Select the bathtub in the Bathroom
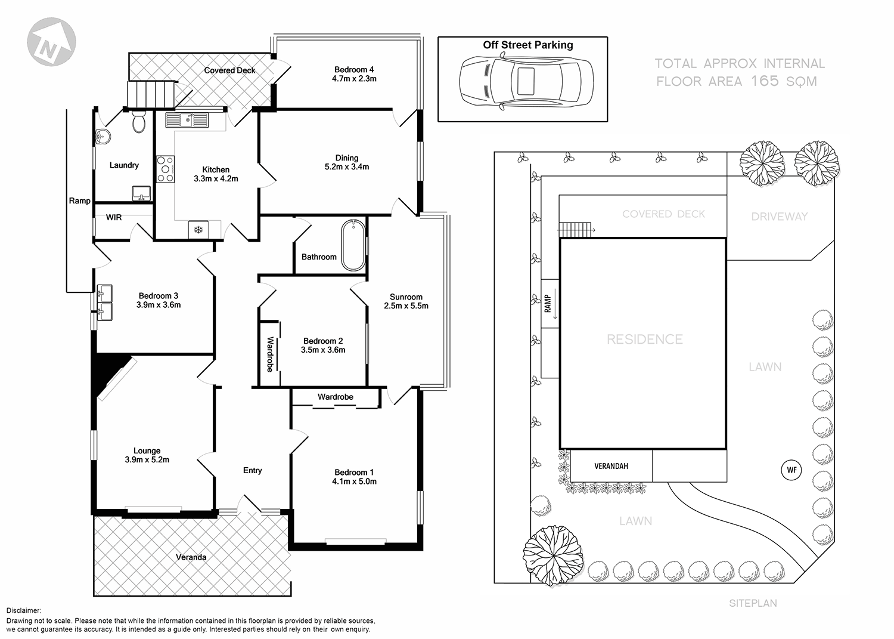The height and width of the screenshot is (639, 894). [353, 245]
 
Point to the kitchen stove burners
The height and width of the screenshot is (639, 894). [165, 169]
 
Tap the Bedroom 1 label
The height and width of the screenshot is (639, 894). [354, 472]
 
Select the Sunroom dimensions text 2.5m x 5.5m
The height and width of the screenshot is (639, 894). [406, 306]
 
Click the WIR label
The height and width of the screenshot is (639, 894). [114, 217]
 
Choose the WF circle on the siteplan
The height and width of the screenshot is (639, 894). [791, 470]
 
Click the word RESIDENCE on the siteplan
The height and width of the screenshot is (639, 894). [644, 339]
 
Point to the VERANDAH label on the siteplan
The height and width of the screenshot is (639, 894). [611, 466]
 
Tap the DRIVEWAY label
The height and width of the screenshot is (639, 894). [779, 217]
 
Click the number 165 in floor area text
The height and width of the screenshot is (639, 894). [765, 81]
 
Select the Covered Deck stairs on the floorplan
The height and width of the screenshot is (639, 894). [150, 94]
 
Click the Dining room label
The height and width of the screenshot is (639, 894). [346, 158]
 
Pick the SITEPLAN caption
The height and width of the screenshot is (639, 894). [753, 603]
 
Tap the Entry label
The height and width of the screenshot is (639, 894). [252, 470]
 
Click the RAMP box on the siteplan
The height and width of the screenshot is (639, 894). [550, 303]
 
